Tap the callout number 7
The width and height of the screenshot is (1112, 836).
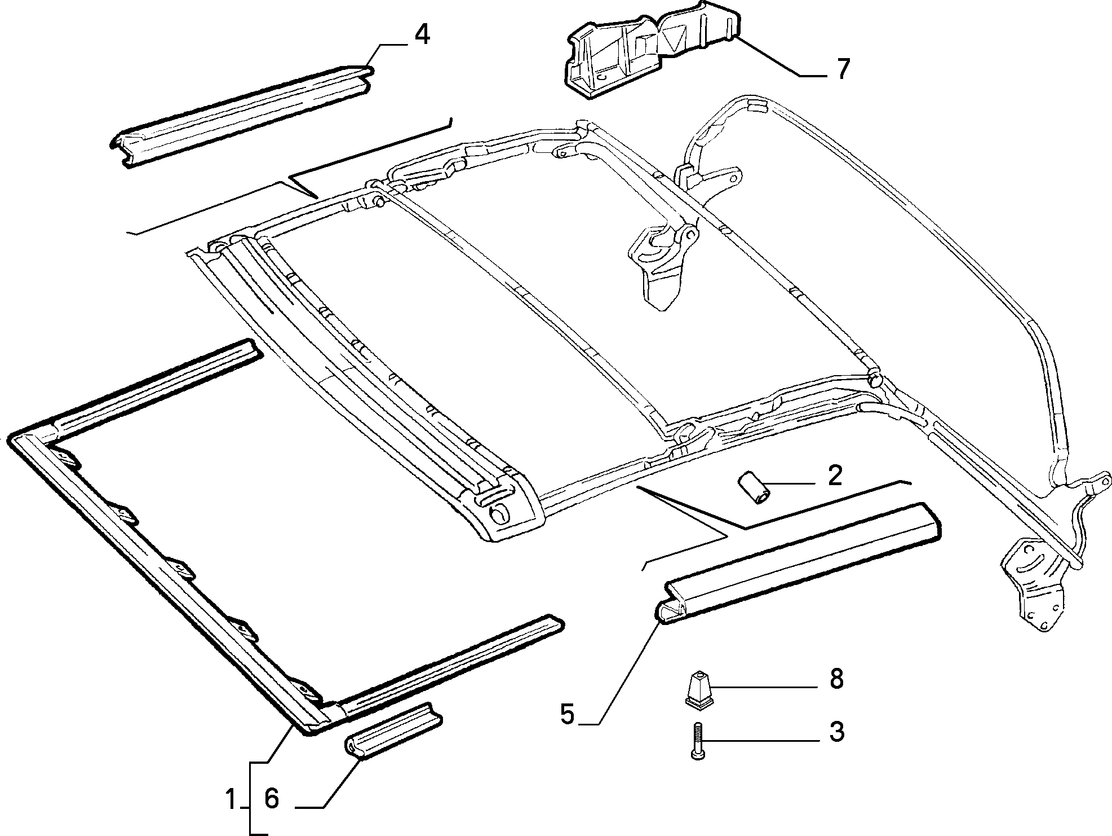(842, 69)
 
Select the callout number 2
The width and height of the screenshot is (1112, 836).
(835, 476)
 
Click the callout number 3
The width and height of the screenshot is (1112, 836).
(836, 732)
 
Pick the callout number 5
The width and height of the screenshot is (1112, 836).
(567, 714)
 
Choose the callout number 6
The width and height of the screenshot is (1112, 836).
(272, 799)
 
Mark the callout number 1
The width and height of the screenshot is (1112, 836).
(230, 799)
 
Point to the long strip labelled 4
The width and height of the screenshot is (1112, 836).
(241, 117)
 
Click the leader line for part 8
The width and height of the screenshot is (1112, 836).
(765, 687)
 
